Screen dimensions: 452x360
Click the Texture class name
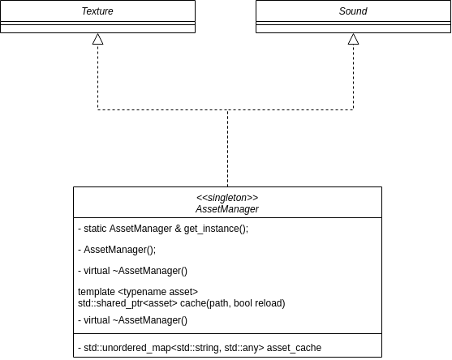point(97,11)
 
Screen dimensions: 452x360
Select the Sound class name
point(353,11)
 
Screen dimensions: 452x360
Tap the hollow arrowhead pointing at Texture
point(97,39)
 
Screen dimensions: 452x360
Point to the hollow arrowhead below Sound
point(354,39)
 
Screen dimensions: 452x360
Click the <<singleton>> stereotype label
point(227,198)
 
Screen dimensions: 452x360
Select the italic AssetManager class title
point(227,209)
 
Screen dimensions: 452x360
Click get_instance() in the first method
point(215,229)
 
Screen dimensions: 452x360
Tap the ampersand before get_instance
point(178,229)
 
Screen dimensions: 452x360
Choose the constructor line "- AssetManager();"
point(117,250)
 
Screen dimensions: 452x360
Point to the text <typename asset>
point(158,292)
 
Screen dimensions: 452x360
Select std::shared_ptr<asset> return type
point(127,303)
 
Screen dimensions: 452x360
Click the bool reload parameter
point(258,303)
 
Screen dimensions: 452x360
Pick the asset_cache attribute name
point(294,348)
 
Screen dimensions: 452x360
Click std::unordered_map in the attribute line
point(127,348)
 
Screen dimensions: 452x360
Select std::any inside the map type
point(242,348)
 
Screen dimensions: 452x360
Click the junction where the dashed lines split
point(228,109)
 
